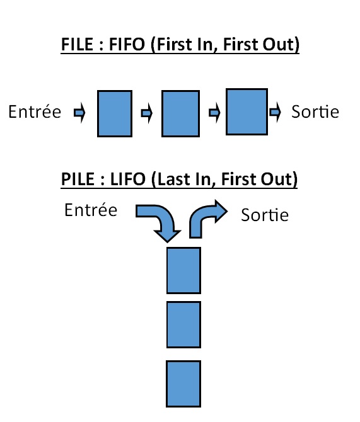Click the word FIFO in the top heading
coord(127,45)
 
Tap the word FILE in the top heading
coord(77,45)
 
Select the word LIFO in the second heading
coord(128,179)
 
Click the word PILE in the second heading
coord(78,179)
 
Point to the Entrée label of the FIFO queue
coord(35,111)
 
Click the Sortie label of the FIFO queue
coord(315,111)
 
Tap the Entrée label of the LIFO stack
coord(91,210)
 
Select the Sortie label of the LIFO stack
coord(265,215)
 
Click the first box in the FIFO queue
coord(115,113)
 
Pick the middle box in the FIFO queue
coord(180,113)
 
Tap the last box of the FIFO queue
coord(247,111)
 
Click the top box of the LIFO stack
coord(183,270)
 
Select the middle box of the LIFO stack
coord(183,324)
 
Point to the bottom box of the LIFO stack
coord(183,384)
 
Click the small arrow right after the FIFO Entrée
coord(79,112)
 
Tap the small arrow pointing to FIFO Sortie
coord(275,111)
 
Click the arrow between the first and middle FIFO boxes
coord(147,113)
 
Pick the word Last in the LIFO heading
coord(175,179)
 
